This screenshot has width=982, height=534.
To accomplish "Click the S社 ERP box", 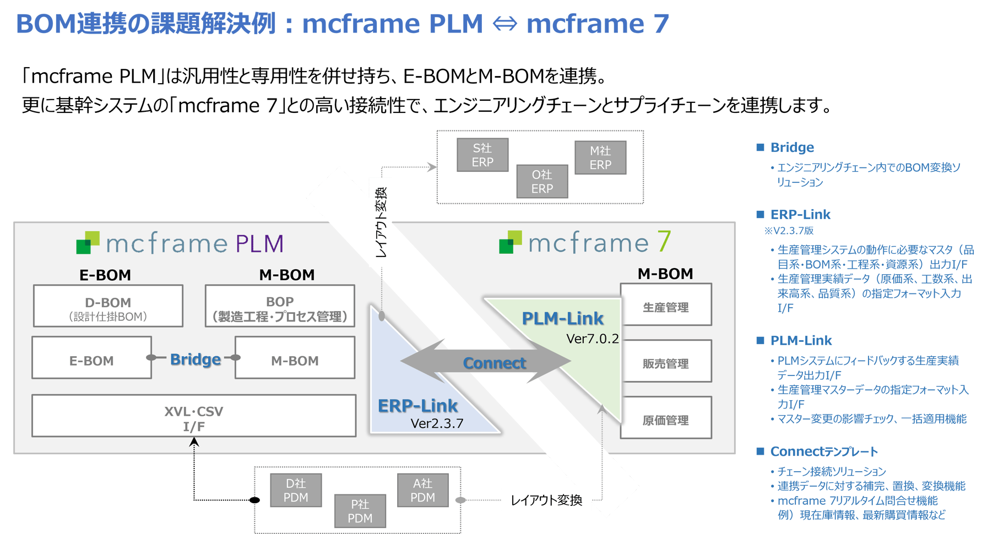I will coord(482,155).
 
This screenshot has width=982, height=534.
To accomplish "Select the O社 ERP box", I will coord(542,182).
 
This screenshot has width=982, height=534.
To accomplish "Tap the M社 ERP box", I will coord(600,158).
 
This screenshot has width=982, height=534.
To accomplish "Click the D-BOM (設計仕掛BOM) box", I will coord(108,306).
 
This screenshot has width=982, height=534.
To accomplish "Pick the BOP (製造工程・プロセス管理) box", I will coord(280,306).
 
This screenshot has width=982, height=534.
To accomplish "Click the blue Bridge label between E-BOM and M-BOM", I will coord(195,359).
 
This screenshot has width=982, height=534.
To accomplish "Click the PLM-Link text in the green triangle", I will coord(562,318).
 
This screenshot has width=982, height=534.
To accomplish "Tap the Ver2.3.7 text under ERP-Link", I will coord(437,423).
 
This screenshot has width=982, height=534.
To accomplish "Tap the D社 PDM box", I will coord(296,491).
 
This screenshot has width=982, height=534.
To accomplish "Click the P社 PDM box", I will coord(360,511).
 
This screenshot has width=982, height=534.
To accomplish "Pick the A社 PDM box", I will coord(422,491).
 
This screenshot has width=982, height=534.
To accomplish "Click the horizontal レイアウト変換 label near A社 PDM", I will coord(546,500).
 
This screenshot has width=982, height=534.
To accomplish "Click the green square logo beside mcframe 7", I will coord(510,242).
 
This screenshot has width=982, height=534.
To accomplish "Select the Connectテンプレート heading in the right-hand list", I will coord(823,452).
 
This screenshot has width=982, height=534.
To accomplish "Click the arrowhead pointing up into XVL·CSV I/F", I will coord(194,442).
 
